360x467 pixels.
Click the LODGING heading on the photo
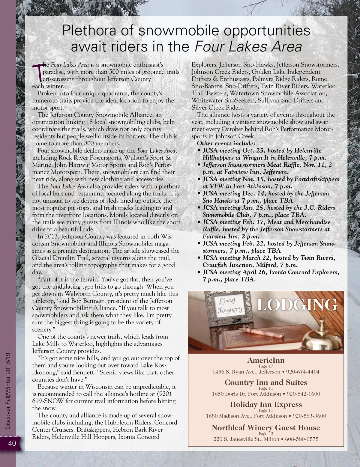[297, 305]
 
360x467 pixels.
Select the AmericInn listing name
[266, 360]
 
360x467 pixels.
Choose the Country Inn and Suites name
[266, 382]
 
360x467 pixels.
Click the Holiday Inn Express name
[266, 404]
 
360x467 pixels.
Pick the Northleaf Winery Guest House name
[266, 427]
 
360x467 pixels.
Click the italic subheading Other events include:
[226, 143]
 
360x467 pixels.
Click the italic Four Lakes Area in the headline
[248, 47]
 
